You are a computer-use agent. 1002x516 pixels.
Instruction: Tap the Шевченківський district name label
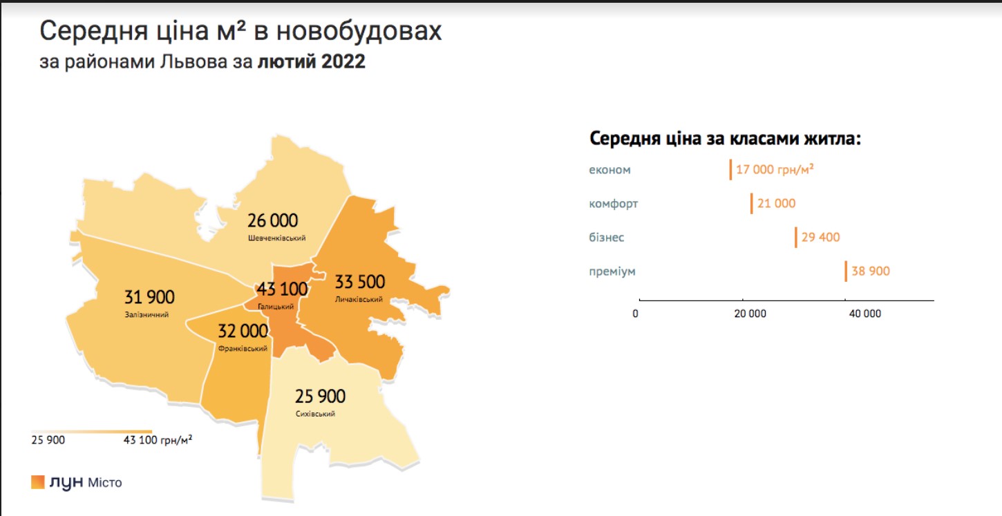[x=276, y=238]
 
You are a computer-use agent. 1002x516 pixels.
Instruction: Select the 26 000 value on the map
[x=273, y=220]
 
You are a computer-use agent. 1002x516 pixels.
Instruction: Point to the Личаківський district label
[x=359, y=300]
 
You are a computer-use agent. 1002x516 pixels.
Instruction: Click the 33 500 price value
[x=359, y=282]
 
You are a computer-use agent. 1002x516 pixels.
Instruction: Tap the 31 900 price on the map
[x=149, y=297]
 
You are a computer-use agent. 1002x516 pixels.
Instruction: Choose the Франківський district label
[x=243, y=349]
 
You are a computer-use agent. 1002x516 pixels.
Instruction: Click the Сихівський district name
[x=315, y=414]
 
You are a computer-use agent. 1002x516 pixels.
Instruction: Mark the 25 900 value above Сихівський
[x=320, y=396]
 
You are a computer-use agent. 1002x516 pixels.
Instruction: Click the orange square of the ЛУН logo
[x=37, y=482]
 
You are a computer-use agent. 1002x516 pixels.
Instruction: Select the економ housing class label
[x=609, y=170]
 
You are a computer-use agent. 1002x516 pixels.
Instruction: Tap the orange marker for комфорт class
[x=752, y=204]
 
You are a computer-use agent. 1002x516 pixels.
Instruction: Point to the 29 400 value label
[x=821, y=238]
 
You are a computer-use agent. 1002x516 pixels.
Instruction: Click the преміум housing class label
[x=612, y=271]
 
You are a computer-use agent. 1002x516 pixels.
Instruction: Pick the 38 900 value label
[x=871, y=271]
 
